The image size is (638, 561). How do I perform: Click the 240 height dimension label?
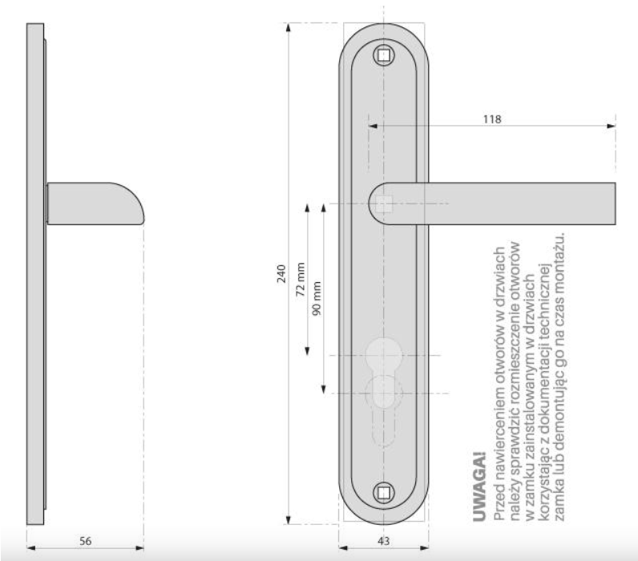coord(281,274)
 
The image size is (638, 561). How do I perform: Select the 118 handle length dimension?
coord(492,119)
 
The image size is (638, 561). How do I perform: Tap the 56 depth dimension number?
coord(86,541)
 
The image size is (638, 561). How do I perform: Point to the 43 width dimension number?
coord(384,541)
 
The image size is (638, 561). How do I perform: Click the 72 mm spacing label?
coord(301,279)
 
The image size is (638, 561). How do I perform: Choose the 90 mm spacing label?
coord(317,298)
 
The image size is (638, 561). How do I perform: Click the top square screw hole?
coord(384,55)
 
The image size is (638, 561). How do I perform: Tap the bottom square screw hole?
coord(384,493)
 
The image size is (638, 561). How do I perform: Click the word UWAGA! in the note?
coord(479,486)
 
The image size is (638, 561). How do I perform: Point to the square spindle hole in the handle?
coord(384,204)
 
